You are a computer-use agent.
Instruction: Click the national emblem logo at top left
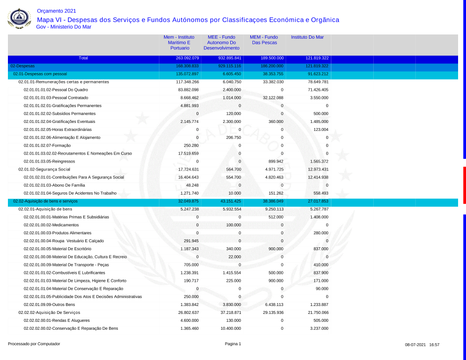(20, 19)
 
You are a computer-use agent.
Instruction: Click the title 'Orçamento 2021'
(56, 11)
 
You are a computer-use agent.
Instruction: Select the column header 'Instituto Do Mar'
(307, 37)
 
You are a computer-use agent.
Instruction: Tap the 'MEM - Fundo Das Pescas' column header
(264, 40)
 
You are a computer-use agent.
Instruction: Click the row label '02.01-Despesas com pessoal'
(40, 74)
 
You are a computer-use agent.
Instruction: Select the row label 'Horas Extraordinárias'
(58, 129)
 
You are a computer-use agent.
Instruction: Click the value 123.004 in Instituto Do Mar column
(319, 129)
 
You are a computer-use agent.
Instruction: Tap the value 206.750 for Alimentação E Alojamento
(232, 137)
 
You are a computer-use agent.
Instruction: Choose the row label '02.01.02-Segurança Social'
(44, 170)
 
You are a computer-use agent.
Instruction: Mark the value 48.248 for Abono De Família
(191, 185)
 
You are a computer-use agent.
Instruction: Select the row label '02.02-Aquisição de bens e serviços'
(45, 201)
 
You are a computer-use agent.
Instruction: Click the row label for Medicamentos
(51, 225)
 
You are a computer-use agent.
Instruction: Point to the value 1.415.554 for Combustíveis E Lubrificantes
(230, 272)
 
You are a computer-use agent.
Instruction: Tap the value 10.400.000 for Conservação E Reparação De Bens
(229, 328)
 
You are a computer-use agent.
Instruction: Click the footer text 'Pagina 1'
(233, 344)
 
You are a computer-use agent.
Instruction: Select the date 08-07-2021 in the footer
(415, 345)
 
